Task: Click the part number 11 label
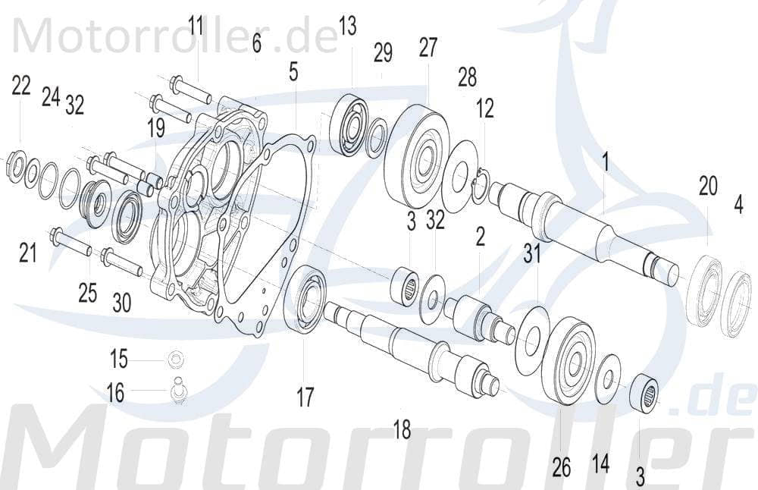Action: (x=196, y=28)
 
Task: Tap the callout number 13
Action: (x=346, y=27)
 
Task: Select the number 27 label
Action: (x=428, y=48)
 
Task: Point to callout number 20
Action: (x=707, y=187)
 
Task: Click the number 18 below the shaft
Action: (x=402, y=430)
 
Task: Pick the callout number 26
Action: (x=561, y=468)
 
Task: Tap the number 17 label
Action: (x=305, y=397)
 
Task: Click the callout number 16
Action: (x=115, y=392)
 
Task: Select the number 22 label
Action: (x=21, y=86)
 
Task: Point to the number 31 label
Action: (x=532, y=253)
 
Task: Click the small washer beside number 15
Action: (x=176, y=358)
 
